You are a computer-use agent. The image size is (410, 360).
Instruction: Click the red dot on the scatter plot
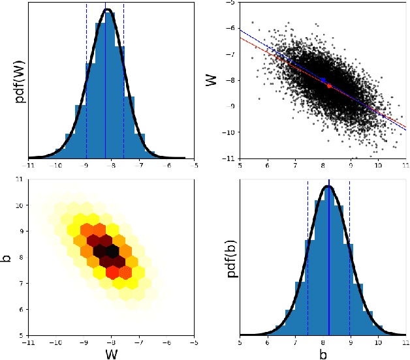[x=329, y=85]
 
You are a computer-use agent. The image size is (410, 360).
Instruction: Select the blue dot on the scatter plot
[x=323, y=80]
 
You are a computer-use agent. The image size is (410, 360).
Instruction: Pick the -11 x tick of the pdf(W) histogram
[x=29, y=165]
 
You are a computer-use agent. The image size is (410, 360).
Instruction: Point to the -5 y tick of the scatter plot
[x=230, y=3]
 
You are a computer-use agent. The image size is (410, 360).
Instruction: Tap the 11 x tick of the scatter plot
[x=405, y=165]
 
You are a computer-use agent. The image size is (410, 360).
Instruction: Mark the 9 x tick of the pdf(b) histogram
[x=350, y=342]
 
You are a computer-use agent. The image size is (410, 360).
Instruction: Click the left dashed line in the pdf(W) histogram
[x=86, y=78]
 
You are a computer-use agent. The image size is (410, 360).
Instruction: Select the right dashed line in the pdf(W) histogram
[x=124, y=78]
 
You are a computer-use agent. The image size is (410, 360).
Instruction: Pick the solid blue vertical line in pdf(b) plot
[x=329, y=261]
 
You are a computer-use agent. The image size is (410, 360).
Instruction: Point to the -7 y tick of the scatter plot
[x=230, y=55]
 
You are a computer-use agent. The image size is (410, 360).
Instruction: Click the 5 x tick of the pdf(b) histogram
[x=240, y=342]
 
